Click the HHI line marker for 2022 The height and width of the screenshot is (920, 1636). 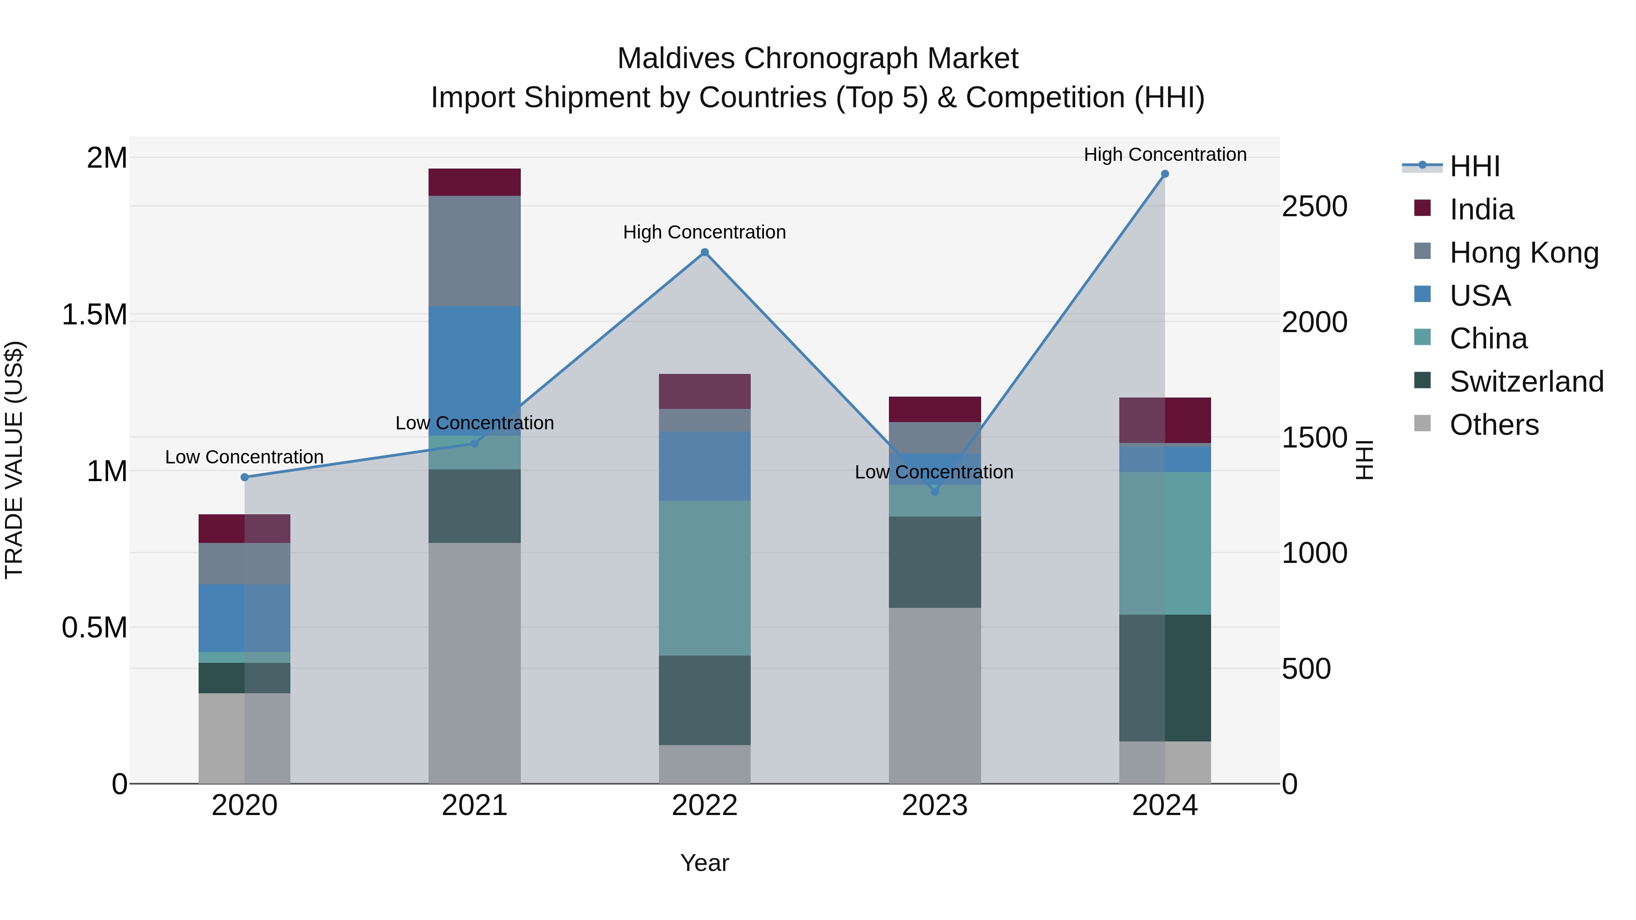click(x=704, y=253)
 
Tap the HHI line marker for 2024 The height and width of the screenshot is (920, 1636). click(x=1165, y=174)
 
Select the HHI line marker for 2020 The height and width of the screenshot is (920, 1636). click(x=244, y=477)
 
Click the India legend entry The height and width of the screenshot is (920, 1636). click(x=1481, y=209)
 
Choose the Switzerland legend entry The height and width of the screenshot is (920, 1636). click(x=1526, y=382)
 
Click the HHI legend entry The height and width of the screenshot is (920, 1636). click(x=1474, y=166)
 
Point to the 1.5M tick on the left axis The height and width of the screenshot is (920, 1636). click(x=94, y=315)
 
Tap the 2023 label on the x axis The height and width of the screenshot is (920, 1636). click(x=934, y=806)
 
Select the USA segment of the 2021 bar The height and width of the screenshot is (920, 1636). click(x=474, y=371)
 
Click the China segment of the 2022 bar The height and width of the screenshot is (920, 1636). click(x=704, y=578)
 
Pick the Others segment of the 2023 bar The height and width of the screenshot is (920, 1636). click(x=934, y=695)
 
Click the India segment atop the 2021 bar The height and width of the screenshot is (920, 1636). click(x=474, y=182)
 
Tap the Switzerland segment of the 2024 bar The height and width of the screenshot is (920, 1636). click(x=1165, y=677)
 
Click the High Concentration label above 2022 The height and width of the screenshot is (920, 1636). click(x=704, y=232)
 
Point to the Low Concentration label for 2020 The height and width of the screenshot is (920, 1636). click(x=244, y=457)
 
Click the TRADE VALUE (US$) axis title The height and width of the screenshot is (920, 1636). click(x=14, y=460)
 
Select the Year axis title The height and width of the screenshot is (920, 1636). click(x=704, y=863)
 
